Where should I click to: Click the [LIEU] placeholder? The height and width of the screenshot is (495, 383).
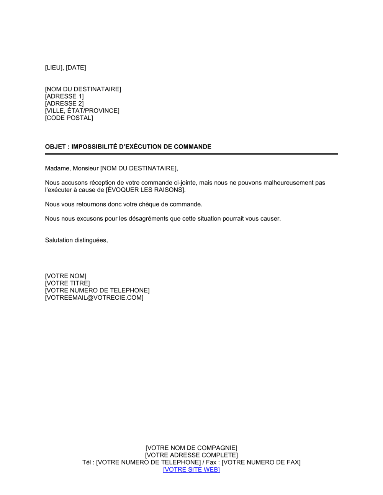coord(54,68)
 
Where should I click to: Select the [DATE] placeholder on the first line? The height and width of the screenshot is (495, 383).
coord(76,68)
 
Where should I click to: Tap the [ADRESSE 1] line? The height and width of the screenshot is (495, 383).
coord(64,96)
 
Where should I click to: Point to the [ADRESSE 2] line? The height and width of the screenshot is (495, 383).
coord(64,104)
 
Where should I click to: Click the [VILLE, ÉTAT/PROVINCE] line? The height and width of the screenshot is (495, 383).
coord(82,111)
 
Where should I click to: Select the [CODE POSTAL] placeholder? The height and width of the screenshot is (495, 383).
coord(69,118)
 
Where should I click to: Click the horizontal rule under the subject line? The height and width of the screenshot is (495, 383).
coord(191,154)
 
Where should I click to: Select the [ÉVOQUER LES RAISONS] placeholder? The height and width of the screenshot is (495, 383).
coord(146,190)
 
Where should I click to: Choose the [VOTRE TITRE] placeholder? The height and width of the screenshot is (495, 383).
coord(67,283)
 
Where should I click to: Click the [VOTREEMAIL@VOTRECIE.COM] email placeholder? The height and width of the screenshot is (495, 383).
coord(94,298)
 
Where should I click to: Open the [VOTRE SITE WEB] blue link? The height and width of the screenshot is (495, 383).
coord(191,470)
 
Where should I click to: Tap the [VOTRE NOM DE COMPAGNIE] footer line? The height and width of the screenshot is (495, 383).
coord(191,448)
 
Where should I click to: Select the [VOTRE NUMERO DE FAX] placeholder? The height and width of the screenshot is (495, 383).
coord(261,462)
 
